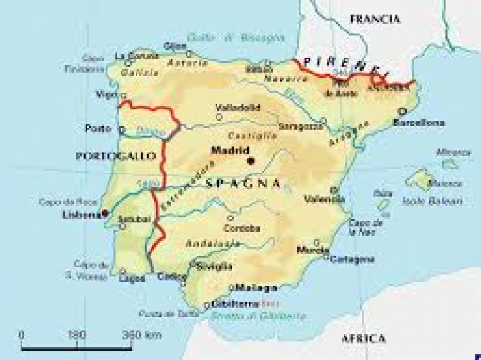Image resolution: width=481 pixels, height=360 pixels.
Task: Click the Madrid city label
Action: [231, 150]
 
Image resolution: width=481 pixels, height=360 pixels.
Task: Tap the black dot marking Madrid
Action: [251, 161]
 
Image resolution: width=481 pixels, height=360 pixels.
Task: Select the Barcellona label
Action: [419, 122]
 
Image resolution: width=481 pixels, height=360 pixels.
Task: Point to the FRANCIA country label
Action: [375, 19]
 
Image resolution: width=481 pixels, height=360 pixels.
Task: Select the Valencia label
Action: [325, 199]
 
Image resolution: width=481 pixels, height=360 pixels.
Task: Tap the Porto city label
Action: [97, 129]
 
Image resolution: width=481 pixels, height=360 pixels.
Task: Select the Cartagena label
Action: [353, 259]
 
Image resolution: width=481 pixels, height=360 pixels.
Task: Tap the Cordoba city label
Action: [247, 228]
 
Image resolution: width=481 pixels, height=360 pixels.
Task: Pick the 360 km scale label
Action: [142, 334]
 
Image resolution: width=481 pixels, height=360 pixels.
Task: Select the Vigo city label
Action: [107, 94]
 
